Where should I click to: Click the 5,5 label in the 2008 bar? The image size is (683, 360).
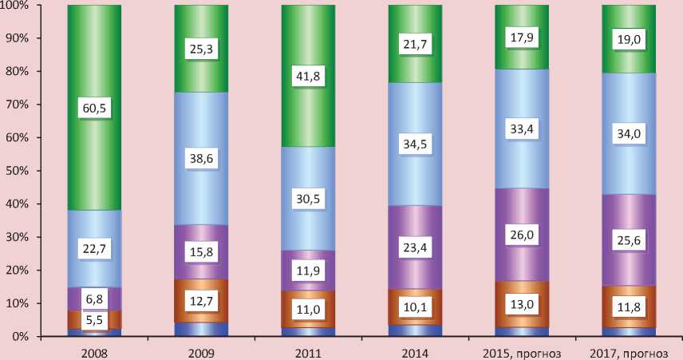(94, 321)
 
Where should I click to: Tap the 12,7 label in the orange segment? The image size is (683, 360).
(201, 300)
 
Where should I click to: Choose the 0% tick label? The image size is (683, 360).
(21, 337)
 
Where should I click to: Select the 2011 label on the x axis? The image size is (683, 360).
(308, 351)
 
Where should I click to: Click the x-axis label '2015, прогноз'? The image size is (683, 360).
(522, 351)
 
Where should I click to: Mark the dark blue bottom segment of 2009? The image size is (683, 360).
(201, 330)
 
